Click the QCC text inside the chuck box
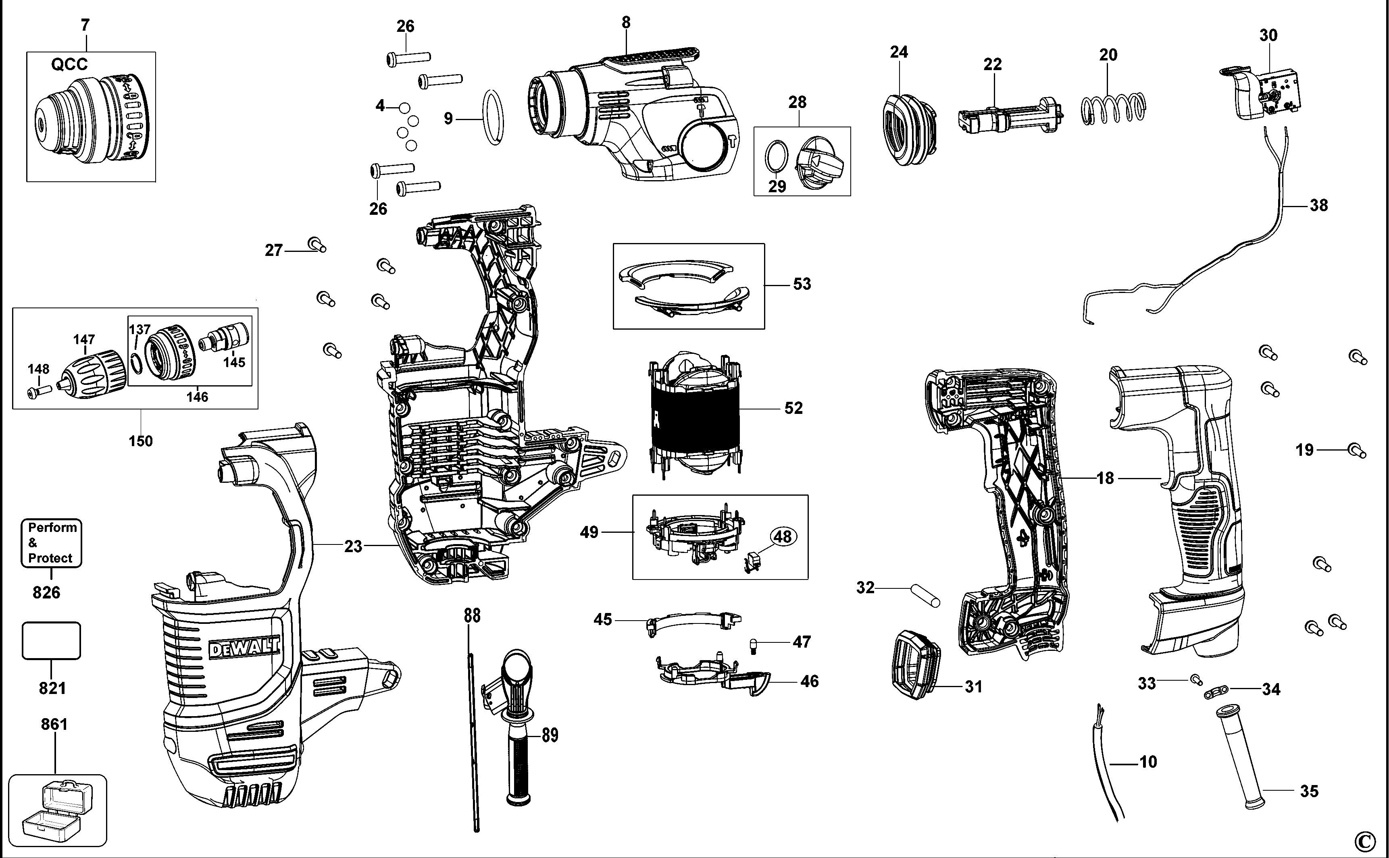pos(69,64)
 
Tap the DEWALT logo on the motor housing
pos(244,648)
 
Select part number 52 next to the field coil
pos(793,408)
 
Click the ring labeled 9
pos(493,118)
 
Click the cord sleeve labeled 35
pos(1243,755)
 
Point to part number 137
pos(139,330)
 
